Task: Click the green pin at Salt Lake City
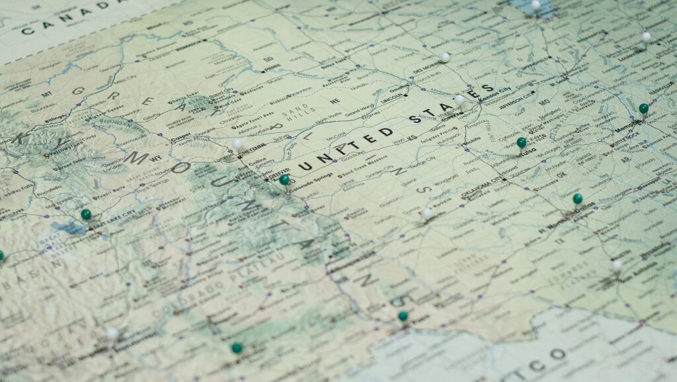click(x=86, y=214)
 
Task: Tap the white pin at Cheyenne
click(x=237, y=143)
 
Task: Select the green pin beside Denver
click(x=284, y=179)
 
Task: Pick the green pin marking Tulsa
click(x=522, y=142)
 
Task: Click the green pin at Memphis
click(x=643, y=109)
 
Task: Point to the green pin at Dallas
click(x=577, y=199)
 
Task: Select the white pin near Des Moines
click(x=445, y=58)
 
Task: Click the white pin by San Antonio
click(x=617, y=265)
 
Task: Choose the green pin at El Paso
click(x=403, y=316)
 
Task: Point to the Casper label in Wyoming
click(x=180, y=140)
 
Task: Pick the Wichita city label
click(x=471, y=140)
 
